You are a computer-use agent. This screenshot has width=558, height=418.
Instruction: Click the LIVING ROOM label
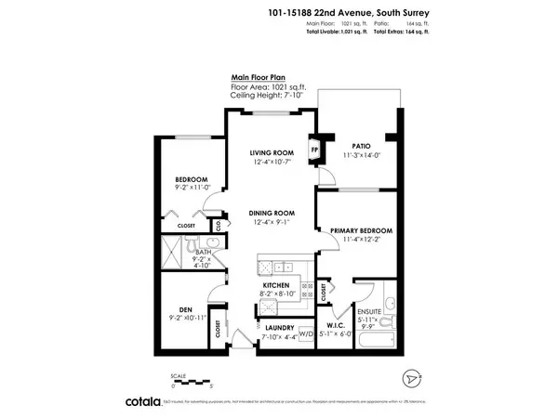271,152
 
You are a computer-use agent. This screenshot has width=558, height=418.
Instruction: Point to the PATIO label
362,146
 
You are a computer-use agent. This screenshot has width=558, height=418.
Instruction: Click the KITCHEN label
276,285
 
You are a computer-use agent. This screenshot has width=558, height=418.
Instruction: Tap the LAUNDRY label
279,328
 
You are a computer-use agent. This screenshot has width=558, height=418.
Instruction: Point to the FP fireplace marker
315,149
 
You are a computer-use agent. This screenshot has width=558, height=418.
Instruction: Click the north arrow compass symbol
413,380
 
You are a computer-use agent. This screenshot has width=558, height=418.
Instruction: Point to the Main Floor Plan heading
259,80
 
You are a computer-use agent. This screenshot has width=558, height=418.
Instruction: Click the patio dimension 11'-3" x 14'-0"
362,155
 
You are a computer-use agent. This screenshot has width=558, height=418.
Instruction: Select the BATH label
205,251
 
